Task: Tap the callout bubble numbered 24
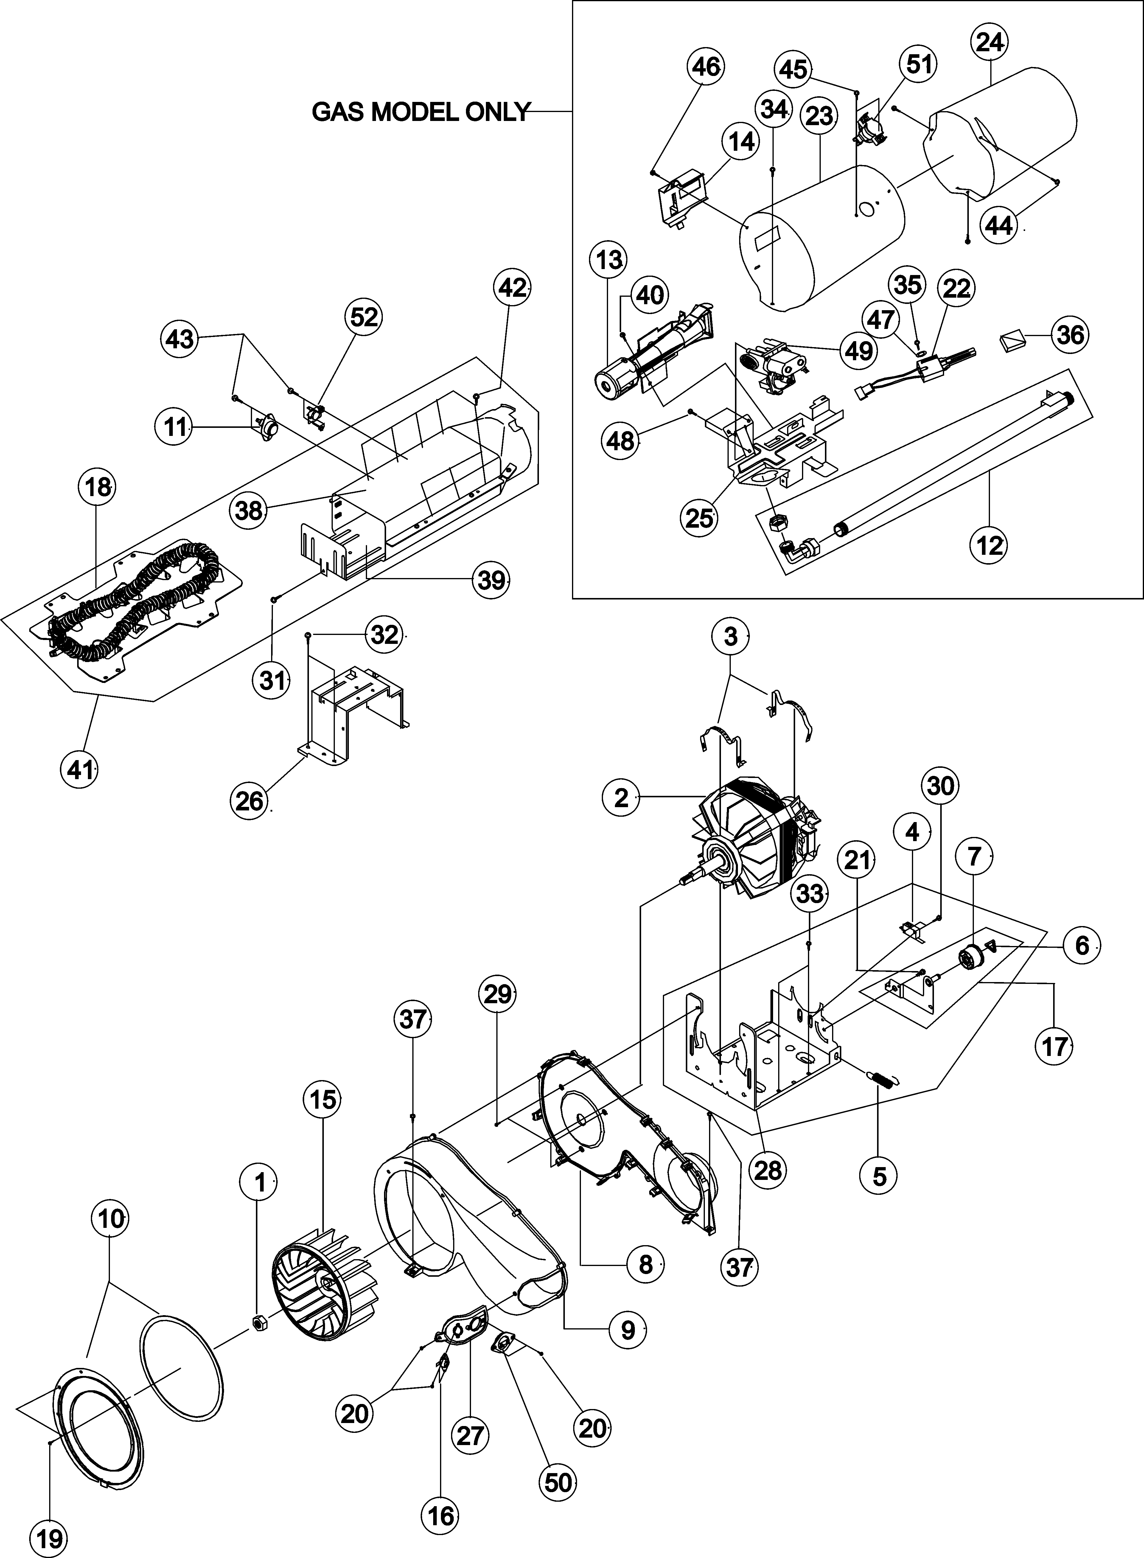tap(990, 42)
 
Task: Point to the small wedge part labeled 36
tap(1012, 341)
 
